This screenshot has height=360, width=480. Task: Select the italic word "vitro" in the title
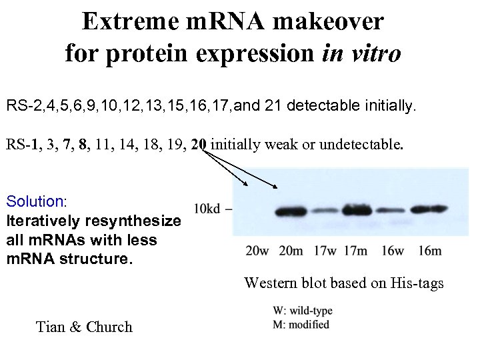click(375, 52)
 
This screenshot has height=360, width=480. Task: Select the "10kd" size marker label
click(207, 209)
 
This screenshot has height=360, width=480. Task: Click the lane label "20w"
click(257, 251)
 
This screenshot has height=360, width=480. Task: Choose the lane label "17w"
click(325, 251)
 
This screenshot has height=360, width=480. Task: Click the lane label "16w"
click(393, 251)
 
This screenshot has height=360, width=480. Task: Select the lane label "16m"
click(430, 251)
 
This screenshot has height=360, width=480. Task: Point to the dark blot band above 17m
click(357, 211)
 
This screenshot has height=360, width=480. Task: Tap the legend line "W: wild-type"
click(303, 311)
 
